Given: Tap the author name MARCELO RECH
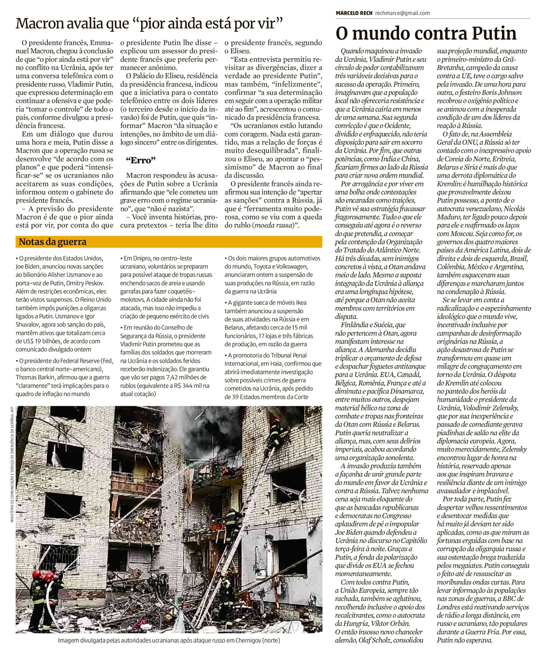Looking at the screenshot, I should pos(353,13).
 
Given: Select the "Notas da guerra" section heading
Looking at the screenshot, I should pos(52,242).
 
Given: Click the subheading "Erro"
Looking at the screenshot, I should pos(141,160).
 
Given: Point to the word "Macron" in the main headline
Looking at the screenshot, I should pos(40,24).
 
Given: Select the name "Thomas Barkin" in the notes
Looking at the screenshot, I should pos(37,377).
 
